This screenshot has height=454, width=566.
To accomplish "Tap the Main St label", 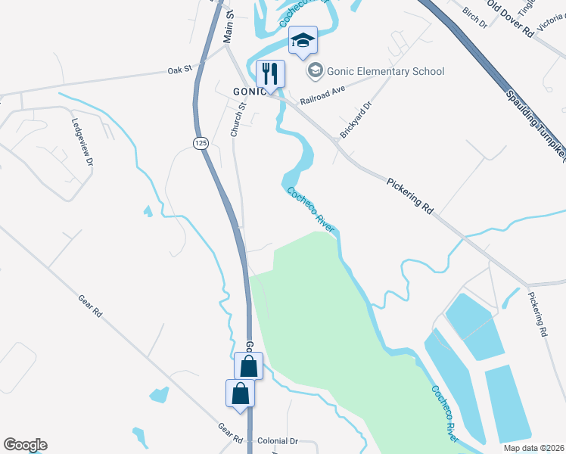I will [229, 26].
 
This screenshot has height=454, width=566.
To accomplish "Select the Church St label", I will [238, 120].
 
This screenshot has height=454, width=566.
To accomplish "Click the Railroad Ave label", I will [322, 94].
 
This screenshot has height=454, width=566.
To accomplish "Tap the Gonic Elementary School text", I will [386, 71].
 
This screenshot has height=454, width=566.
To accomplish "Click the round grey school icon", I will [316, 71].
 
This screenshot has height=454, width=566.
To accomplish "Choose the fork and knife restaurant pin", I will [270, 74].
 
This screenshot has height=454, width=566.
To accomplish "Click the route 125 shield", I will [201, 143].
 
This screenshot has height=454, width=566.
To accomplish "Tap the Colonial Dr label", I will [278, 440].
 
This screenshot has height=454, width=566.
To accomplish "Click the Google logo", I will [25, 445].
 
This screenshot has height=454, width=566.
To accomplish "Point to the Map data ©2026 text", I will [533, 448].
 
